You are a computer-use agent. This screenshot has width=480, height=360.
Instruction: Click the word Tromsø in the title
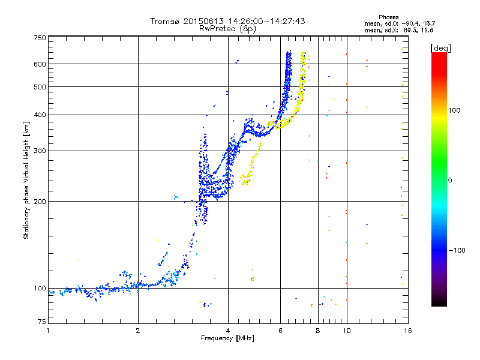point(166,21)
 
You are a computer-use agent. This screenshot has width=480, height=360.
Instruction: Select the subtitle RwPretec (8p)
point(227,29)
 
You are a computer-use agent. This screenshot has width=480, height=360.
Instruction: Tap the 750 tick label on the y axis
point(40,38)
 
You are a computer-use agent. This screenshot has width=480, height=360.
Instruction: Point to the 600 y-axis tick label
point(40,64)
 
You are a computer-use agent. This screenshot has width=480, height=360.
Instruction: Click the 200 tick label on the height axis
point(40,202)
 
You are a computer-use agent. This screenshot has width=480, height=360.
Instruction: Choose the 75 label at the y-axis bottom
point(42,322)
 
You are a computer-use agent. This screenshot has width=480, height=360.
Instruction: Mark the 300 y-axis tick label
point(40,151)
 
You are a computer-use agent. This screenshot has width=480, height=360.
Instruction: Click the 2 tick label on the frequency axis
point(138,331)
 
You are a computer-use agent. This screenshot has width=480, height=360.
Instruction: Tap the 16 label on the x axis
point(408,331)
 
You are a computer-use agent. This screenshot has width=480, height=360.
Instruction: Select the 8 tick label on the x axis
point(318,331)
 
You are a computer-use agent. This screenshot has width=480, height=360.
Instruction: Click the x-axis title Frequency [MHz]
point(227,338)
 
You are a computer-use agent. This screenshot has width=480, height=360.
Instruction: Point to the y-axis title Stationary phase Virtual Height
point(26,180)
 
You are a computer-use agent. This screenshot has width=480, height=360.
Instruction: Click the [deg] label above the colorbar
point(440,48)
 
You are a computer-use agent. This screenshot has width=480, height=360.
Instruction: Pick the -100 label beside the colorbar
point(457,250)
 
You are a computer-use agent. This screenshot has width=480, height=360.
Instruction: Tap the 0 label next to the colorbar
point(450,181)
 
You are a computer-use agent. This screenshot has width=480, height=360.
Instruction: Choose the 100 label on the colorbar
point(454,110)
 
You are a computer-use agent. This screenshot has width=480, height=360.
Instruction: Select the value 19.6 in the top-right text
point(427,30)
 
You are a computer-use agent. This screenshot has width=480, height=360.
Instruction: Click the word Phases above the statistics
point(388,17)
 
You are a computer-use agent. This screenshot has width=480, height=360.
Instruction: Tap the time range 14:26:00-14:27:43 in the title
point(266,21)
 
